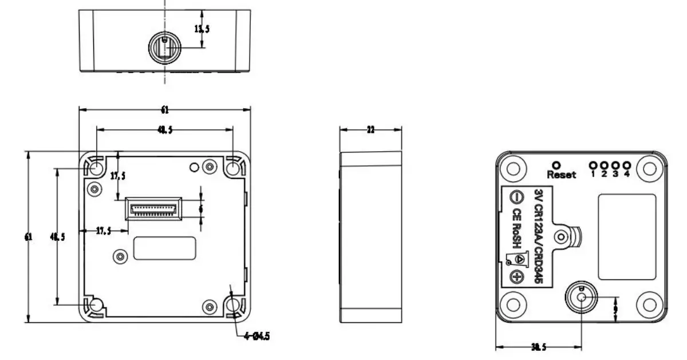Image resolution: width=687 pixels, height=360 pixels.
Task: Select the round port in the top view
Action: click(164, 46)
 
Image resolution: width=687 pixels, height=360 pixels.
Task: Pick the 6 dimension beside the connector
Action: click(200, 209)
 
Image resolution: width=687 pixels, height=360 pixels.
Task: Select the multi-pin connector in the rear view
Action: click(153, 208)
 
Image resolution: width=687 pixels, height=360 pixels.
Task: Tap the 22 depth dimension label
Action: click(370, 130)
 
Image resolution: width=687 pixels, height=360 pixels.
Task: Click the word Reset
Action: click(561, 175)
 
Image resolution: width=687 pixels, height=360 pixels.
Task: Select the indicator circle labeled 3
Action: click(615, 165)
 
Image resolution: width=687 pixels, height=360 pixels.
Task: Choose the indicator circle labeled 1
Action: click(593, 165)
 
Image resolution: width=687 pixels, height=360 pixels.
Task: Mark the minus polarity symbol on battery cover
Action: click(515, 197)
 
